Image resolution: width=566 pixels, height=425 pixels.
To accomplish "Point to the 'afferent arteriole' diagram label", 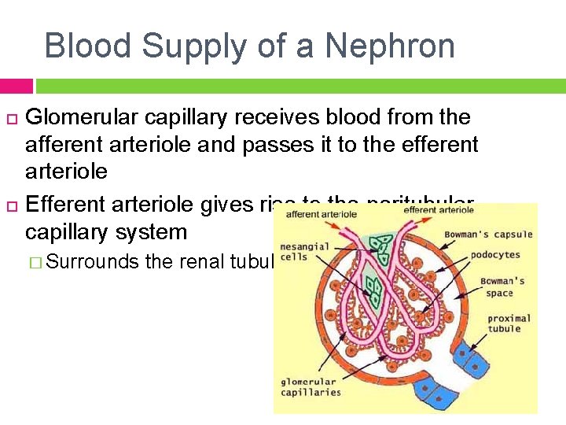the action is (x=321, y=213).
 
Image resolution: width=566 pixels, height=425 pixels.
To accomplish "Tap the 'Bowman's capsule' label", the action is (x=488, y=234).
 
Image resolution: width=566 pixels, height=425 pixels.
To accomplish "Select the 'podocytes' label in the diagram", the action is (x=495, y=254).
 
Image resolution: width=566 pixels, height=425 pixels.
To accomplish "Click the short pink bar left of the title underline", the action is (x=17, y=86).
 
